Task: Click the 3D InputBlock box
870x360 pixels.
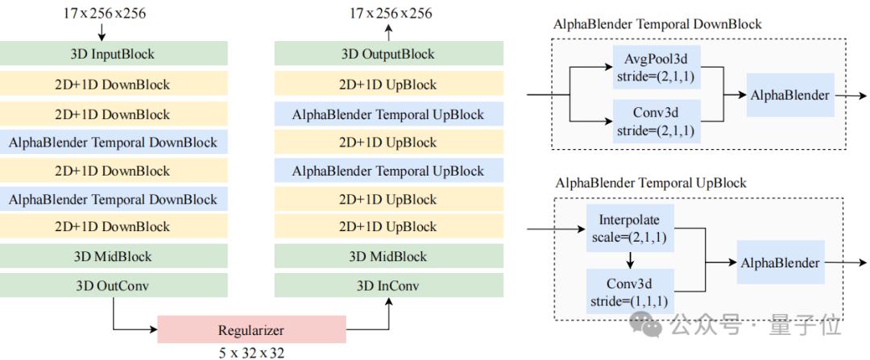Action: [114, 54]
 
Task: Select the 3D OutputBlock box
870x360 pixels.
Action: [389, 54]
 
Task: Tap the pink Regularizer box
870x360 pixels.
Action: [251, 330]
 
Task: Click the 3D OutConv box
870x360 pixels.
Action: [114, 285]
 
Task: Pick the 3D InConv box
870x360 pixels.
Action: [389, 285]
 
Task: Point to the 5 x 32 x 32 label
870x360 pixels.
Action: [251, 352]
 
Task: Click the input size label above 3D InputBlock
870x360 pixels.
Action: [103, 12]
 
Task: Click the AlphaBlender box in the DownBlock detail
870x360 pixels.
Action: [789, 95]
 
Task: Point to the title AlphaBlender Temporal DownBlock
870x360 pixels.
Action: [657, 23]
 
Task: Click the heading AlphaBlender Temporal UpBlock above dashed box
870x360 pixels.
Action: [651, 183]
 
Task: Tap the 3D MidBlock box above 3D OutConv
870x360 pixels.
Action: [114, 257]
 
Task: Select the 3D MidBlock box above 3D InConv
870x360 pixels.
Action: [389, 257]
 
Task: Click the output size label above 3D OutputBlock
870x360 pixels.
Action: [391, 12]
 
